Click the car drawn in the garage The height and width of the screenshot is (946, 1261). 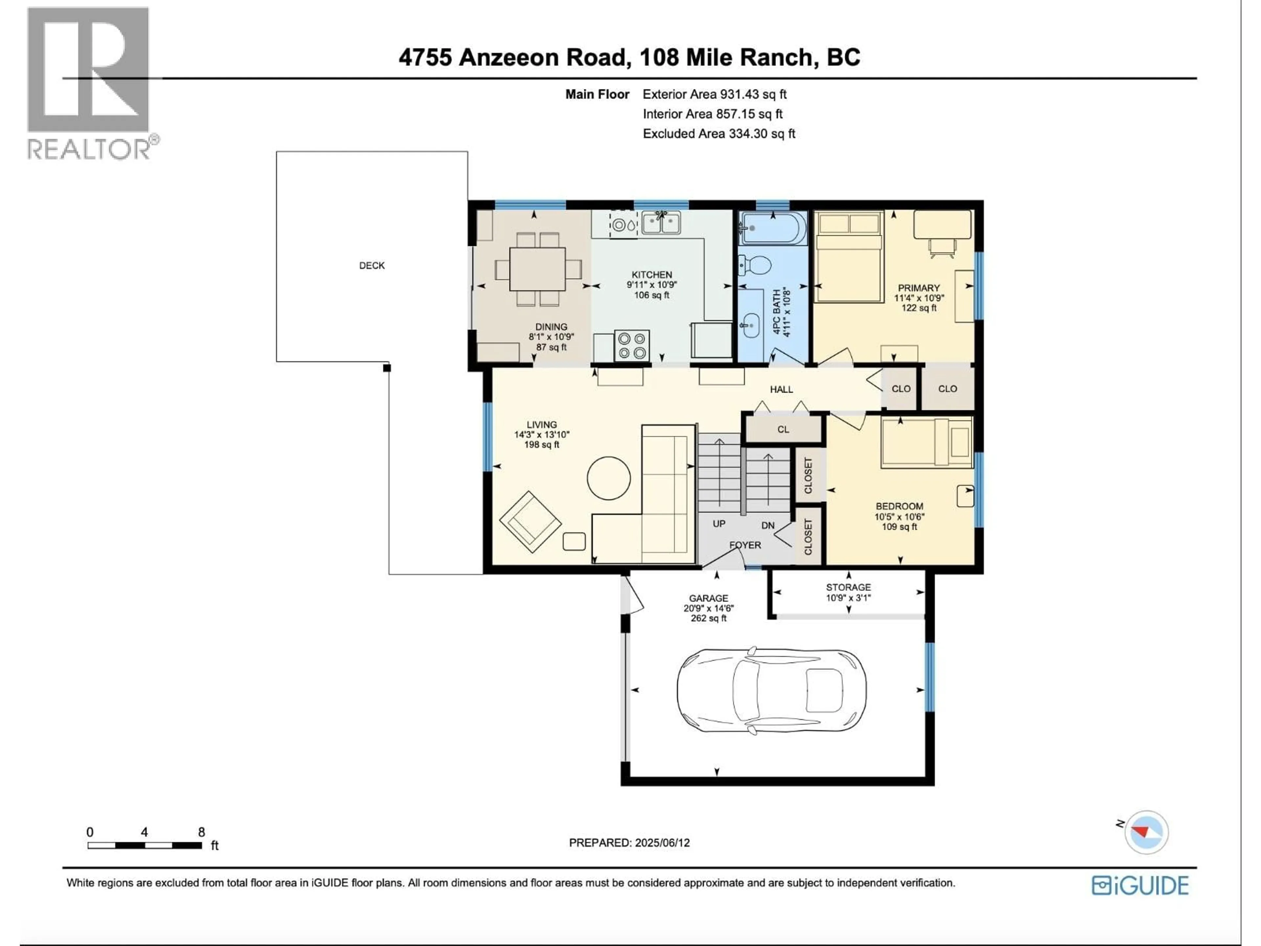pyautogui.click(x=771, y=690)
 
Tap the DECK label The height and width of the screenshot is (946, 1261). pyautogui.click(x=372, y=266)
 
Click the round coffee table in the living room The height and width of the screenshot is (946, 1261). pyautogui.click(x=609, y=478)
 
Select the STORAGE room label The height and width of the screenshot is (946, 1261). pyautogui.click(x=848, y=587)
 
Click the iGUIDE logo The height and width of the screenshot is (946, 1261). pyautogui.click(x=1140, y=886)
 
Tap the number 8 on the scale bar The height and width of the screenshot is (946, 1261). pyautogui.click(x=201, y=832)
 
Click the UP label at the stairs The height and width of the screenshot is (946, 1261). pyautogui.click(x=719, y=524)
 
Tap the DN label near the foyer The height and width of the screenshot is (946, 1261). pyautogui.click(x=768, y=525)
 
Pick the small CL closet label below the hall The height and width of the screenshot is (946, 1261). pyautogui.click(x=783, y=429)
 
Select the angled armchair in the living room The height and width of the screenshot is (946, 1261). pyautogui.click(x=530, y=522)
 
